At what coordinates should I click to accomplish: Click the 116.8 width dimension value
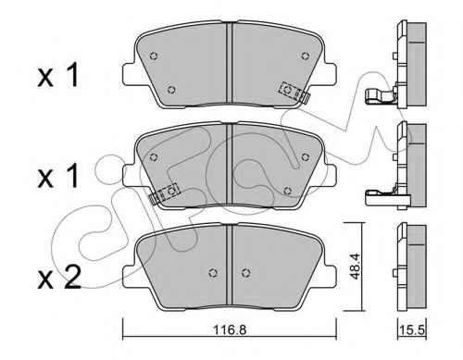pos(230,330)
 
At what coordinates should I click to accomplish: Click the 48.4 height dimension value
pos(356,267)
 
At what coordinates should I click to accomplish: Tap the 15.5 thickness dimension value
pos(413,330)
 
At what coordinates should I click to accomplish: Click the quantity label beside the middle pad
pos(57,176)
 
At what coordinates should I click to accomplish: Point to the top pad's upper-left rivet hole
pos(154,56)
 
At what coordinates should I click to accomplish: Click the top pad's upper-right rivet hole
pos(306,56)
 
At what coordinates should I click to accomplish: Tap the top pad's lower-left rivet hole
pos(171,90)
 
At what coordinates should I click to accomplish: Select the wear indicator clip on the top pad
pos(294,93)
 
